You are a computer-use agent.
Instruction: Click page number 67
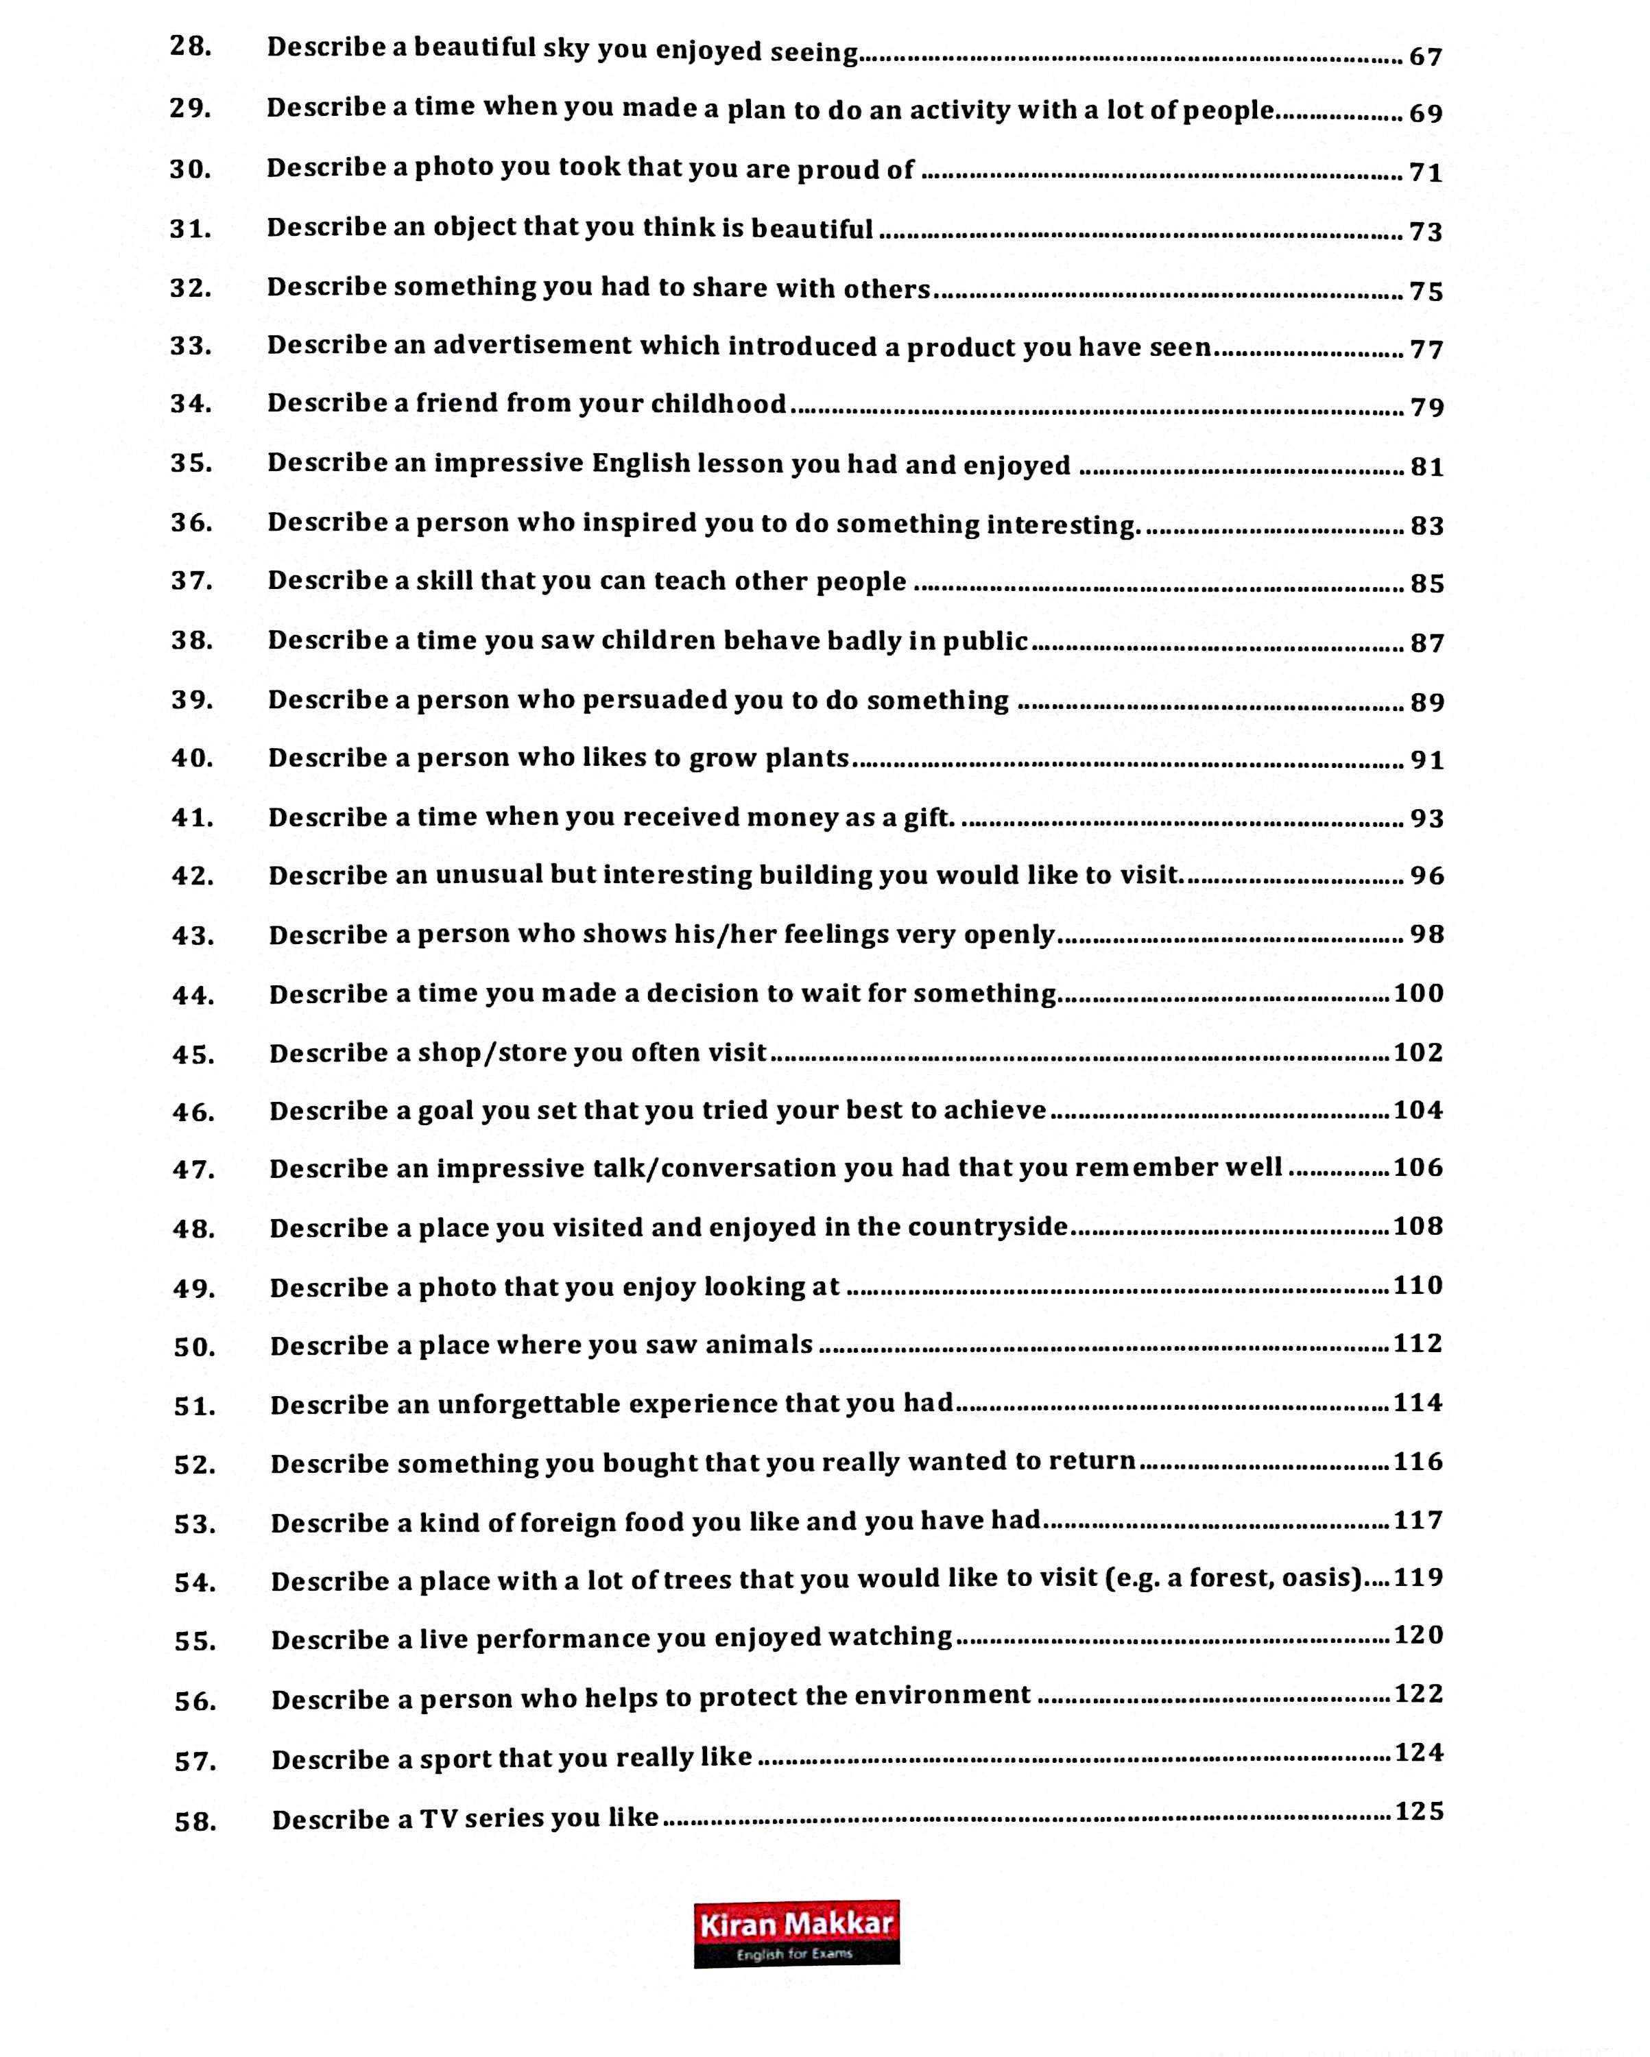click(x=1426, y=57)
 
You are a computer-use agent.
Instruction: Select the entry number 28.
click(x=190, y=46)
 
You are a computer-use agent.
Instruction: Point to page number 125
click(x=1419, y=1811)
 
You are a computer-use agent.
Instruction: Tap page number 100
click(x=1418, y=994)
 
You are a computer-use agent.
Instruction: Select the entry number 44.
click(x=193, y=995)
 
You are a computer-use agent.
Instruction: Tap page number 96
click(x=1426, y=876)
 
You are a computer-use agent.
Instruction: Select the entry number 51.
click(x=195, y=1406)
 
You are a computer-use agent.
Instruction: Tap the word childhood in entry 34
click(x=719, y=405)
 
